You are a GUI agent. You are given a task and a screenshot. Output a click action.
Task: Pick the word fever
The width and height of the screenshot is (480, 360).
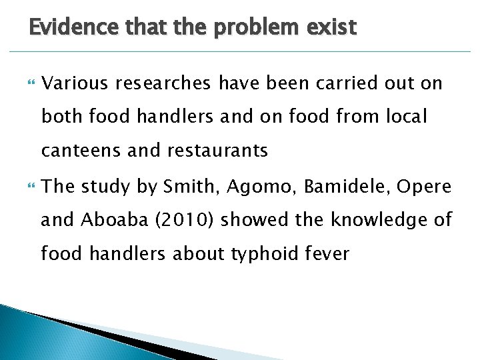point(327,254)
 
